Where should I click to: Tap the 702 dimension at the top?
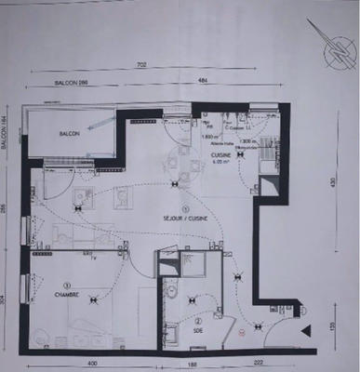pyautogui.click(x=141, y=65)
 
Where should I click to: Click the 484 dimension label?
pyautogui.click(x=202, y=81)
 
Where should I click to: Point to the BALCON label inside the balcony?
pyautogui.click(x=70, y=135)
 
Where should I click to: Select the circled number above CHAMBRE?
pyautogui.click(x=66, y=286)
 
